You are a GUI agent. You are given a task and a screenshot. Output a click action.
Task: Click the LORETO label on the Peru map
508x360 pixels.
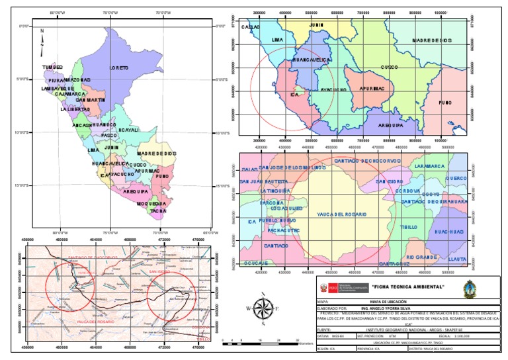(119, 68)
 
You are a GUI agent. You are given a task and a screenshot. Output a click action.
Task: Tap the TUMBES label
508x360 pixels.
(52, 67)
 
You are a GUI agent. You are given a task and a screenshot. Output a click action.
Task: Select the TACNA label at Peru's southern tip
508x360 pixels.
(157, 211)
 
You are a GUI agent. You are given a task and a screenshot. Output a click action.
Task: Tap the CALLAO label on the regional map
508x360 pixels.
(250, 27)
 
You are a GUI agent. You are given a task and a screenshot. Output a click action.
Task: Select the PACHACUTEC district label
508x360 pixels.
(284, 230)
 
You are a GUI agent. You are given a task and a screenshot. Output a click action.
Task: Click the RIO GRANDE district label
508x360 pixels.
(419, 256)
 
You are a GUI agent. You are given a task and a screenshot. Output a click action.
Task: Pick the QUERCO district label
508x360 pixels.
(456, 178)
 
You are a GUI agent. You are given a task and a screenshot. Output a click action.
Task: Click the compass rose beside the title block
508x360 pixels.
(263, 309)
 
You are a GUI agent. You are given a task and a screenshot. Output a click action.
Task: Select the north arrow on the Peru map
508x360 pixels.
(41, 40)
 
